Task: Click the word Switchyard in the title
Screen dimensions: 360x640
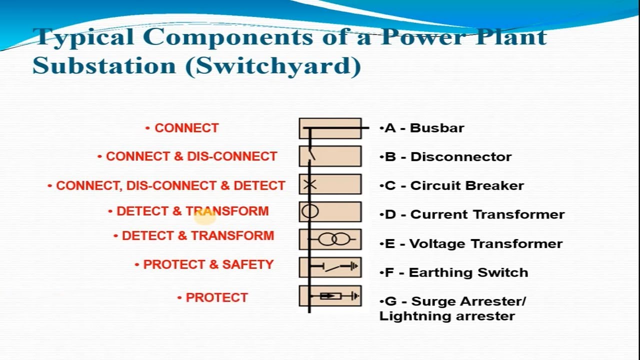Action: coord(272,65)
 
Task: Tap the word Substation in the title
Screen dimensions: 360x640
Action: coord(104,65)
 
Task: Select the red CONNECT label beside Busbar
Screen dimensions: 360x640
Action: coord(186,128)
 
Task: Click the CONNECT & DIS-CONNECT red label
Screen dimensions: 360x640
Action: coord(191,156)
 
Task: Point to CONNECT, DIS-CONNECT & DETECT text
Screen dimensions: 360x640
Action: coord(170,185)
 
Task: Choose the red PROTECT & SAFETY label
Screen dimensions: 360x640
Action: coord(208,264)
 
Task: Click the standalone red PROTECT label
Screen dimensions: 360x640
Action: coord(216,297)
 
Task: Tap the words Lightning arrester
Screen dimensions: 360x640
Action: coord(447,316)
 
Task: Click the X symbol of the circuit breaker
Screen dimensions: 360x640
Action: coord(310,184)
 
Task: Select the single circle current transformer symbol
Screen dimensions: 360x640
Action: coord(310,211)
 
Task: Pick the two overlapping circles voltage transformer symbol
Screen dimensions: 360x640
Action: coord(334,239)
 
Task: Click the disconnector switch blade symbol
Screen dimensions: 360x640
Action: coord(311,154)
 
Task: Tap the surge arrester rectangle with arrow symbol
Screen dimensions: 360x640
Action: coord(330,296)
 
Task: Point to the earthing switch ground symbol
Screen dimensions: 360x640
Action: coord(354,267)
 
